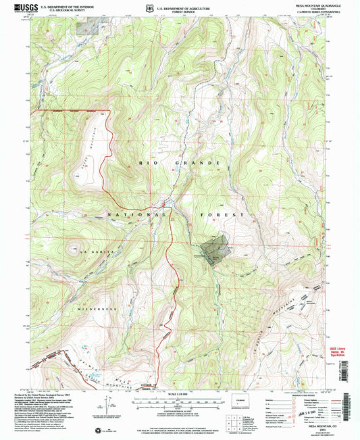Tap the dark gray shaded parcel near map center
pos(215,249)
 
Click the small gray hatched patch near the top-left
pos(89,27)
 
